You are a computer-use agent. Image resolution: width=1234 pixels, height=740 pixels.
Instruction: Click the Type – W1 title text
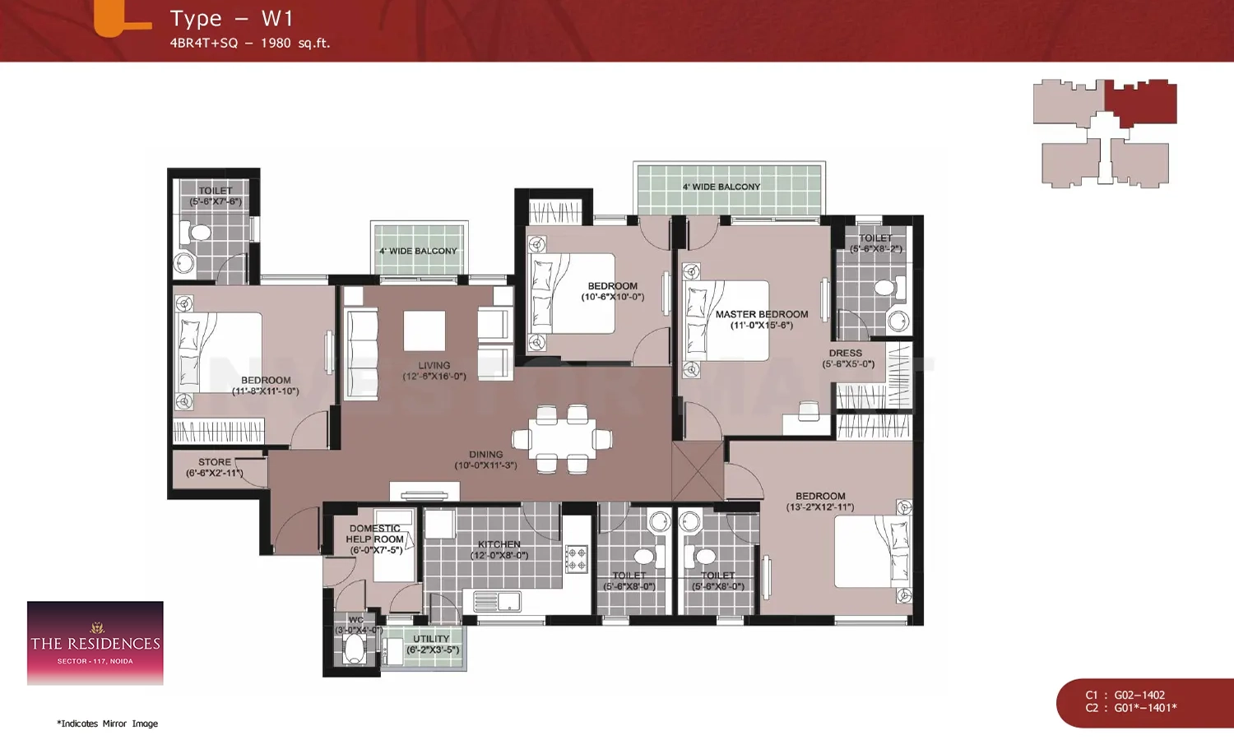[231, 19]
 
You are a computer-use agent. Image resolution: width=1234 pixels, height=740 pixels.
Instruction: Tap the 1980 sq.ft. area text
[295, 44]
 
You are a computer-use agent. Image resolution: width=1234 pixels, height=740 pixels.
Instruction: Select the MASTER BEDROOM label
[761, 314]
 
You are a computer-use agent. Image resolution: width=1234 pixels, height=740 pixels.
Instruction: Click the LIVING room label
[434, 366]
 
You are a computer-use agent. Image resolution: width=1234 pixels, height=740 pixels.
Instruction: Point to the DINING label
[485, 455]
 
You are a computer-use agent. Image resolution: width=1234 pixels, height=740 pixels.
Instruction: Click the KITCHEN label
[499, 544]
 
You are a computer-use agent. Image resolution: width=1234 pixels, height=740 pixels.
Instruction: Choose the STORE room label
[214, 462]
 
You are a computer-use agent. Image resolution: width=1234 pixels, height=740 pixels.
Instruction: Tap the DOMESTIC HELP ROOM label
[375, 534]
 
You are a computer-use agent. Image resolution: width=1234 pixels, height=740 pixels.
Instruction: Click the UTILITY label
[431, 639]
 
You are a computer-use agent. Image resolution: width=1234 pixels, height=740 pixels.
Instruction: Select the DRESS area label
[845, 354]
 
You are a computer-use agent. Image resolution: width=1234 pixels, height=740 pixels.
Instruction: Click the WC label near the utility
[355, 620]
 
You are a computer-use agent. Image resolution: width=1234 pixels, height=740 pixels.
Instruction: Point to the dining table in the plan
[562, 439]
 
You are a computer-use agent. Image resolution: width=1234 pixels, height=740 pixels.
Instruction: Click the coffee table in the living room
[424, 331]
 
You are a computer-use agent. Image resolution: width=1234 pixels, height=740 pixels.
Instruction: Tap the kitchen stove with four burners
[576, 559]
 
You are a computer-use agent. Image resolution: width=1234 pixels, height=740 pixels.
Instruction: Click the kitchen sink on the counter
[497, 603]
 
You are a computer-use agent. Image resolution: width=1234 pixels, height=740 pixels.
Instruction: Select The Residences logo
[95, 643]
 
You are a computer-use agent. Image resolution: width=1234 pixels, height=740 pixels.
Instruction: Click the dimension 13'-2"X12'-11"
[819, 507]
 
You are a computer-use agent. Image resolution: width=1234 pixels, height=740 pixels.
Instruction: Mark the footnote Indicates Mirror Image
[108, 724]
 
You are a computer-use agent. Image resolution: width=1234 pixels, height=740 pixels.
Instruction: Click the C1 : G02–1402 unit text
[1125, 695]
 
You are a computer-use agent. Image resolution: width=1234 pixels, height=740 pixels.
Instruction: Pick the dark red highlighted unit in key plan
[1141, 102]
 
